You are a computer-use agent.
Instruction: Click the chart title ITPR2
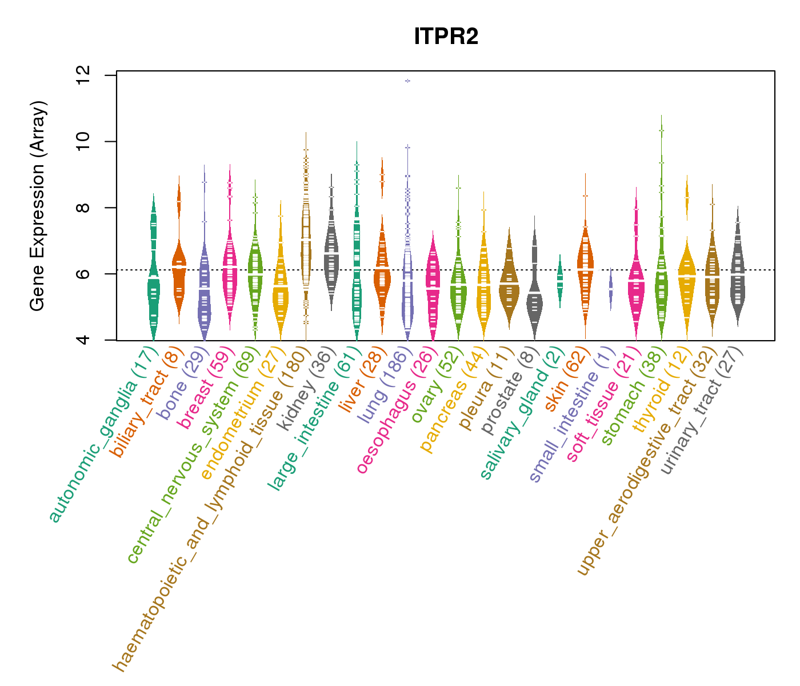pos(446,37)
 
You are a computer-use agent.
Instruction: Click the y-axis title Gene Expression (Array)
pos(38,206)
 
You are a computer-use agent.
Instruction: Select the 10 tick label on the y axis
pos(83,141)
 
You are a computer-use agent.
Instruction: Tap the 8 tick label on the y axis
pos(83,208)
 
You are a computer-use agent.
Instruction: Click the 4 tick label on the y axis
pos(83,340)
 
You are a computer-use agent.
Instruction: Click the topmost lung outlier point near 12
pos(407,81)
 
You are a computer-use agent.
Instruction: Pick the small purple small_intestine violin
pos(611,290)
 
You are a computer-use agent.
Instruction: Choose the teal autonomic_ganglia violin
pos(153,286)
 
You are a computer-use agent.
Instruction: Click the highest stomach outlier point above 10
pos(661,131)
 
